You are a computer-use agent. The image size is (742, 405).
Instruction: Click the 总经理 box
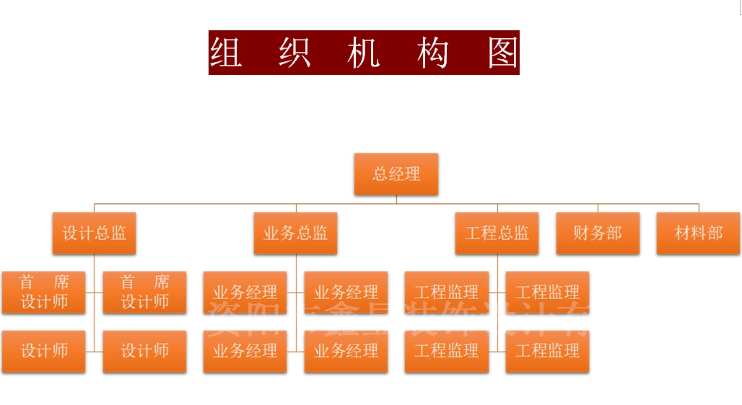pos(396,174)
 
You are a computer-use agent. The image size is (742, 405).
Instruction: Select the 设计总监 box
pos(94,233)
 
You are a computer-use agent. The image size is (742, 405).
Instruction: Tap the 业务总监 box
pos(295,233)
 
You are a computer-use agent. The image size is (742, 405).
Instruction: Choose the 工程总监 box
pos(497,233)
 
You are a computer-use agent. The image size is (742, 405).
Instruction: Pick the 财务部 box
pos(598,233)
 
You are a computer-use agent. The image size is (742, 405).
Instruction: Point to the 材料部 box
pos(698,233)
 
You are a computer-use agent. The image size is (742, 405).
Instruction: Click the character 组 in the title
pos(226,53)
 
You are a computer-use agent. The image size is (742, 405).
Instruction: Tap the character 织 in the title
pos(294,53)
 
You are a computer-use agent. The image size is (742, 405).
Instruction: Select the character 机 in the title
pos(363,53)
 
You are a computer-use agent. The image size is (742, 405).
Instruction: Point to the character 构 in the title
pos(432,53)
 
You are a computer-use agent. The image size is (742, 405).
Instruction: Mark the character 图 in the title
pos(502,53)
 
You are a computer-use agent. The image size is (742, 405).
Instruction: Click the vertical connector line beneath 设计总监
pos(94,321)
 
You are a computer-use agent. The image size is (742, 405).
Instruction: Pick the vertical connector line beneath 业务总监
pos(295,321)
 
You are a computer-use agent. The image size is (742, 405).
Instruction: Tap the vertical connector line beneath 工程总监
pos(497,321)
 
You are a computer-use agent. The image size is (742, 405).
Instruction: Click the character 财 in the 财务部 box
pos(582,233)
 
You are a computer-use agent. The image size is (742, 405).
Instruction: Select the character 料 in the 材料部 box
pos(698,233)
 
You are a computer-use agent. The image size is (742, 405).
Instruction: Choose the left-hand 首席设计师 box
pos(43,292)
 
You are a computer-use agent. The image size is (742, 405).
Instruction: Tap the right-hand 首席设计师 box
pos(144,292)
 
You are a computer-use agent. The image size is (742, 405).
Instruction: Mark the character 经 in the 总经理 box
pos(396,174)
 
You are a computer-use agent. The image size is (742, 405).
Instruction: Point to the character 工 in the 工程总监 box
pos(473,233)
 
